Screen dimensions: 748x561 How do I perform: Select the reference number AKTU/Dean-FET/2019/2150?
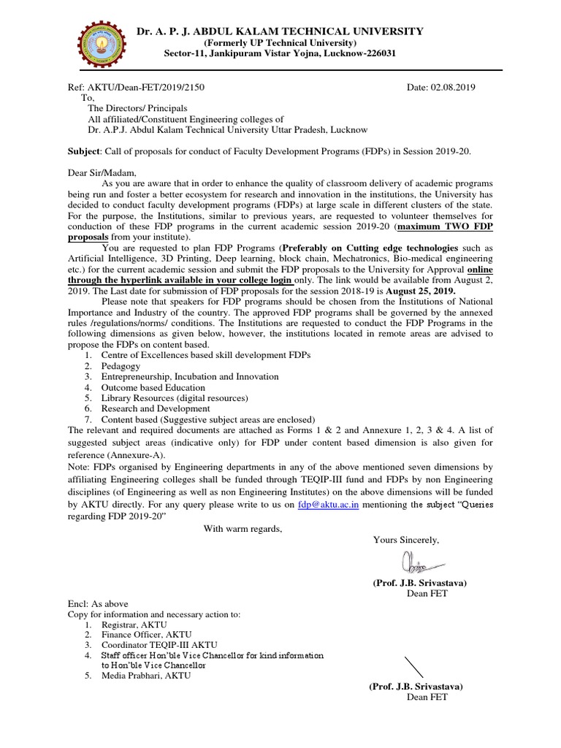click(136, 87)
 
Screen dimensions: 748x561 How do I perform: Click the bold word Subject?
click(84, 151)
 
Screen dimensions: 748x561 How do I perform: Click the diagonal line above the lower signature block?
click(413, 667)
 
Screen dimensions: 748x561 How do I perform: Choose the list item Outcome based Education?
click(153, 387)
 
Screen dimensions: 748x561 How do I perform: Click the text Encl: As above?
click(98, 605)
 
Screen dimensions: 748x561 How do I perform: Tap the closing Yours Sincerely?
click(406, 540)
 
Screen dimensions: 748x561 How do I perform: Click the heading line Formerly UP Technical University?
click(280, 43)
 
